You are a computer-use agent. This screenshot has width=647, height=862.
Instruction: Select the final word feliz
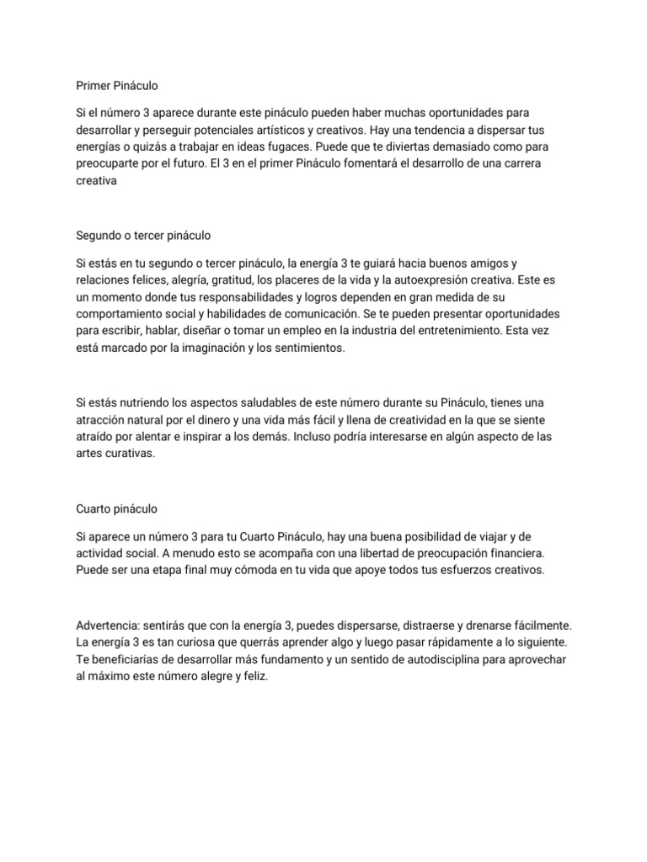click(x=253, y=675)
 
